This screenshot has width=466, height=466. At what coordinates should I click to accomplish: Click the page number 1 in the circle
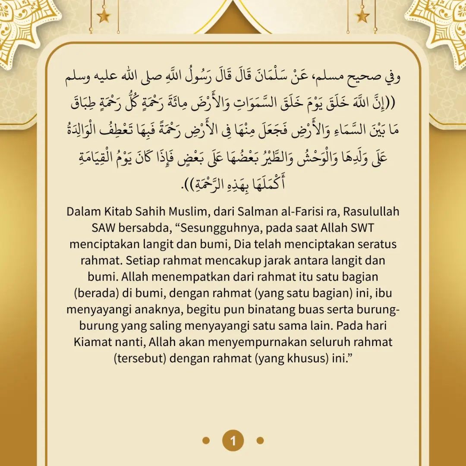233,441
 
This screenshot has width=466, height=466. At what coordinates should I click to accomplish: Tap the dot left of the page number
206,441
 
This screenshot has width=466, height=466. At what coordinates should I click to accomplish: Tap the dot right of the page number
260,441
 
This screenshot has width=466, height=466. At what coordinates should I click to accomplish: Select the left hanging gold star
104,16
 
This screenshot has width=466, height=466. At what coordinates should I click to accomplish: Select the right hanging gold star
362,16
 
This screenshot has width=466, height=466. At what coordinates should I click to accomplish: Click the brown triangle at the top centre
233,19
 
